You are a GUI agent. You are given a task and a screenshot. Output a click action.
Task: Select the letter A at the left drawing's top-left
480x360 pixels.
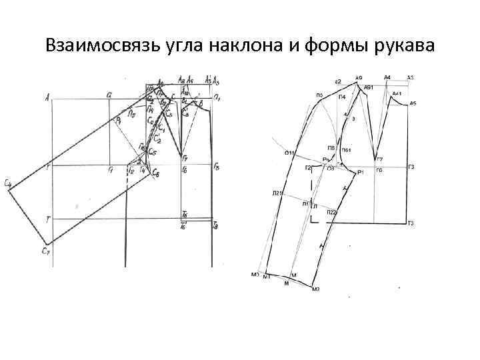coord(48,97)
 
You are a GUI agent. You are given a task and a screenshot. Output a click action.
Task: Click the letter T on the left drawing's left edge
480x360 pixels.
coord(47,219)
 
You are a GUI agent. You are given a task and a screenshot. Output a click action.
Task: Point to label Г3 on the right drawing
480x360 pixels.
coord(411,167)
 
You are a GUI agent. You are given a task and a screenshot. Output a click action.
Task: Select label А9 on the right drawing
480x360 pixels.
coord(359,79)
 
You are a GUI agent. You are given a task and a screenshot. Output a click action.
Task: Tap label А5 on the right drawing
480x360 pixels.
coord(413,103)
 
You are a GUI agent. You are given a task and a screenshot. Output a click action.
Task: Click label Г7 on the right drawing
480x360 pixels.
coord(379,160)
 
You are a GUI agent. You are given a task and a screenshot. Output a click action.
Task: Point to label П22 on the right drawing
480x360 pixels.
coord(331,212)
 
